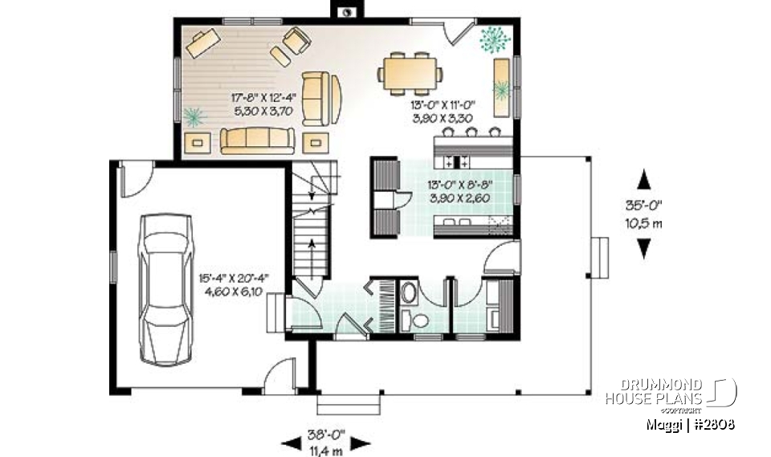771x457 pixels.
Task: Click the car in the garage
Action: coord(166,289)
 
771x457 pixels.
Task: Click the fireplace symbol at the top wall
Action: coord(348,12)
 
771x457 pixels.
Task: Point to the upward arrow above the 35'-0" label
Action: coord(643,178)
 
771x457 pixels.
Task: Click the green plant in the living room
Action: coord(193,117)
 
